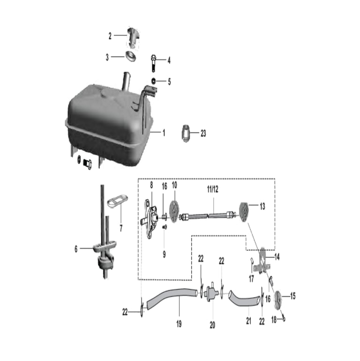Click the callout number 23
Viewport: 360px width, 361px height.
(203, 133)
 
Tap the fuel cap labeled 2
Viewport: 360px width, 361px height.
(133, 38)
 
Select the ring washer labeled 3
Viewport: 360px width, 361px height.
(130, 56)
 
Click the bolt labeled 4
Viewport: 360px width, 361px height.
(153, 63)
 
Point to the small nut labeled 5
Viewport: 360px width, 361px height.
(153, 81)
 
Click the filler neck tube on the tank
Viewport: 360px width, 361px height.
(126, 81)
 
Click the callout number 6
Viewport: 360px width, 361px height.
(76, 249)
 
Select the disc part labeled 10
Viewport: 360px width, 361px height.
(174, 211)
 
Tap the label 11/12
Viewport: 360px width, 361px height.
(212, 189)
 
